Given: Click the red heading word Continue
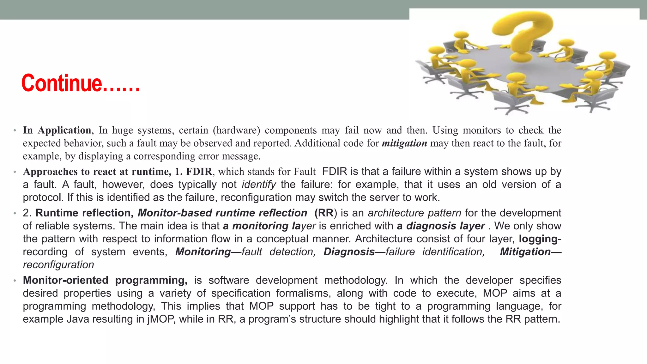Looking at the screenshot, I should pos(62,83).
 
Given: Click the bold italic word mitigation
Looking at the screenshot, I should pos(404,143).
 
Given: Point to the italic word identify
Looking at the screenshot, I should pos(259,185).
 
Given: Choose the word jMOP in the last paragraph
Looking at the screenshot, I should pos(161,319).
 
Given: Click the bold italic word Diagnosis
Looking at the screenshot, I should pos(349,252).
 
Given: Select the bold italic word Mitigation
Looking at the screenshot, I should pos(525,252).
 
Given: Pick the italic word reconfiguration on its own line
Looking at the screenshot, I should pos(58,265).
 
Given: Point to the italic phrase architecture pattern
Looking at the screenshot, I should pos(414,213).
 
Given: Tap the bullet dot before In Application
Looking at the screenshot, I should pos(15,130).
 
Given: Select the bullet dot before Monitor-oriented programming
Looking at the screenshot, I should pos(15,281).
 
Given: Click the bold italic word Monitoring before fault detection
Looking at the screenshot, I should pos(203,252).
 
